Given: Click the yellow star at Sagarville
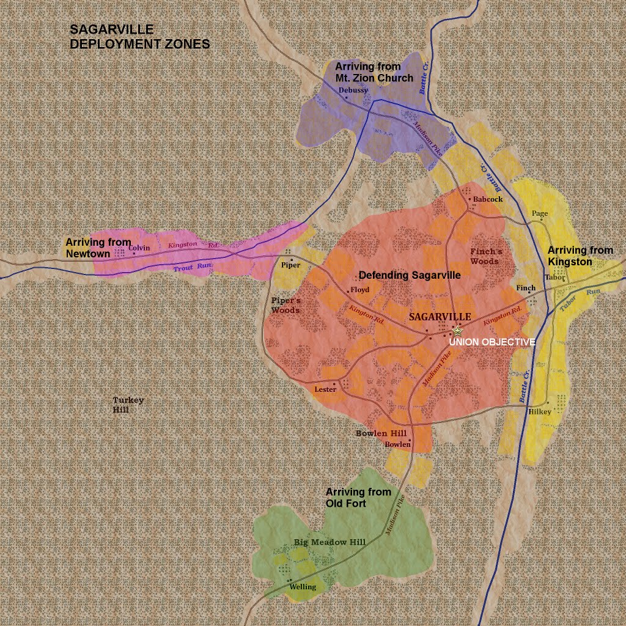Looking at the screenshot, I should click(457, 331).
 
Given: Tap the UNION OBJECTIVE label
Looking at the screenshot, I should click(492, 342).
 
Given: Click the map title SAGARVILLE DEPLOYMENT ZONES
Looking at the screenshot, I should click(140, 37).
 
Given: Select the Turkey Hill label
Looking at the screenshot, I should click(128, 405).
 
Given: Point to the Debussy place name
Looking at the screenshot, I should click(354, 90).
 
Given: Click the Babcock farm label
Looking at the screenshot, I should click(488, 199).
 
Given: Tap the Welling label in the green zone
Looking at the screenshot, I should click(303, 587).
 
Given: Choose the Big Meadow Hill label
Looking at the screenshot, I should click(330, 542).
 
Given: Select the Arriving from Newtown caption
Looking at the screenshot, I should click(98, 248).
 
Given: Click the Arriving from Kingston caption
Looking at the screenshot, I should click(580, 256).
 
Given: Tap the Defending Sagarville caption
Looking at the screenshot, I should click(410, 276).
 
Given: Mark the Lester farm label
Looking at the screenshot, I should click(325, 389).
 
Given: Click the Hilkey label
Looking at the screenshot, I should click(540, 412).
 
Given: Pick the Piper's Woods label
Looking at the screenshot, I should click(285, 305).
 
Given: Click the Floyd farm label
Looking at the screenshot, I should click(360, 290).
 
